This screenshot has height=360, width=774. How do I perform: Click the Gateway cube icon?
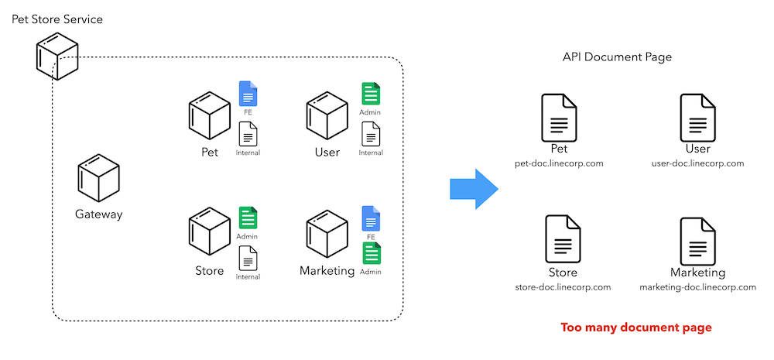click(x=99, y=177)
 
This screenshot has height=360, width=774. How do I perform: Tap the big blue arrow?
click(x=474, y=189)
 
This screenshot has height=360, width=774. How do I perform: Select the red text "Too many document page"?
click(x=636, y=327)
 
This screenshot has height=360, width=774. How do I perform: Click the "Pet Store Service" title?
click(x=57, y=20)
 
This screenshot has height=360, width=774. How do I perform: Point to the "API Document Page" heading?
click(x=617, y=57)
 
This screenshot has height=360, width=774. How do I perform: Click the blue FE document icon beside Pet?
click(x=248, y=94)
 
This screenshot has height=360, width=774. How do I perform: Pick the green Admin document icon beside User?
click(x=371, y=94)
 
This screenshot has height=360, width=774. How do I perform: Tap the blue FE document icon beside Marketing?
click(x=371, y=218)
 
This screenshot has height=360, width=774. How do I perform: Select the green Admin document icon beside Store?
click(x=248, y=218)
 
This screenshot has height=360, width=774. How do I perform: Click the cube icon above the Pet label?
click(x=210, y=115)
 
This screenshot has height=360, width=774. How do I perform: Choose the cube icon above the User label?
click(x=327, y=115)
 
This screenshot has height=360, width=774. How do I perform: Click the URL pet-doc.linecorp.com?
click(x=559, y=163)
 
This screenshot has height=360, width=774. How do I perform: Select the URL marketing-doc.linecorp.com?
click(x=698, y=287)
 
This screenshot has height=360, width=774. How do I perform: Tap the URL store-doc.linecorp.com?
click(x=563, y=287)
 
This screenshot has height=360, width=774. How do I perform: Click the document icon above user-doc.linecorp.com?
click(x=698, y=118)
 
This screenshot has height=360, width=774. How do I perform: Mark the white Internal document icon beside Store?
click(x=248, y=259)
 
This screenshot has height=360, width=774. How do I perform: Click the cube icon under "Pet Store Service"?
click(x=57, y=57)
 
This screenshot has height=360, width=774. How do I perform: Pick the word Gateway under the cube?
click(x=99, y=214)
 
